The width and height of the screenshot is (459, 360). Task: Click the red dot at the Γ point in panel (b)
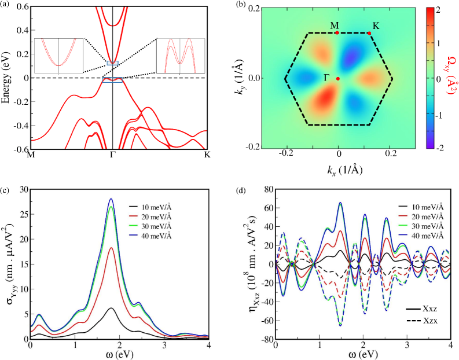338,78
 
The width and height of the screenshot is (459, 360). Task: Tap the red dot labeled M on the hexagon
337,33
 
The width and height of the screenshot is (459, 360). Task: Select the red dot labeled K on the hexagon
369,33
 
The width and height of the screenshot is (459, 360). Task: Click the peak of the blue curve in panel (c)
111,199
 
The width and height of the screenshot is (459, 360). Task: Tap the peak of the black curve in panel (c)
111,308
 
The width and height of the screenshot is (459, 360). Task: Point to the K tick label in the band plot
207,155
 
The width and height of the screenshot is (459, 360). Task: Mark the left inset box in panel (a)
59,56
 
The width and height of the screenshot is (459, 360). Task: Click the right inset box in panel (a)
181,56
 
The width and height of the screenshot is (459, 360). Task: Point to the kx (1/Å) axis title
337,171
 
